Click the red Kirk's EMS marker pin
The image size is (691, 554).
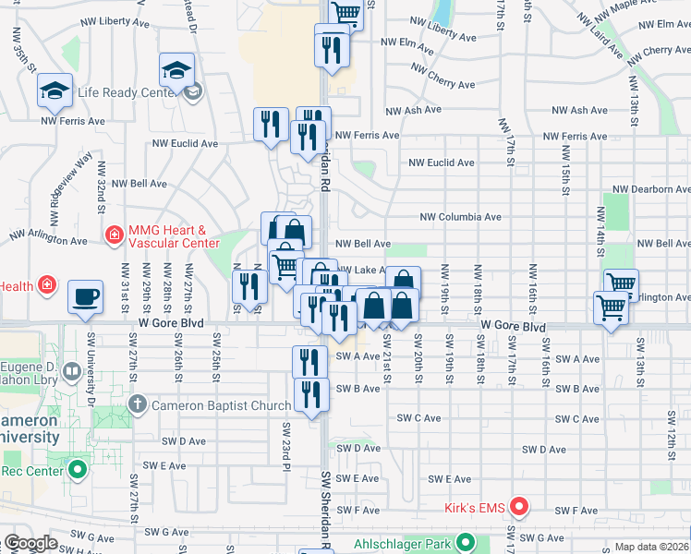519,506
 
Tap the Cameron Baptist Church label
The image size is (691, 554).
221,404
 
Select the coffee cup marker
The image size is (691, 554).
86,297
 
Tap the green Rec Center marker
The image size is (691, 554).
78,470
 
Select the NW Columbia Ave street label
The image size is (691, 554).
460,217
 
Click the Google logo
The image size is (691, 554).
30,543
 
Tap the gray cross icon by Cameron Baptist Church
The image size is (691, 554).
138,403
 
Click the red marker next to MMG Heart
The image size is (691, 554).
115,235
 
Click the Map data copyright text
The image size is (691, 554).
651,547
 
